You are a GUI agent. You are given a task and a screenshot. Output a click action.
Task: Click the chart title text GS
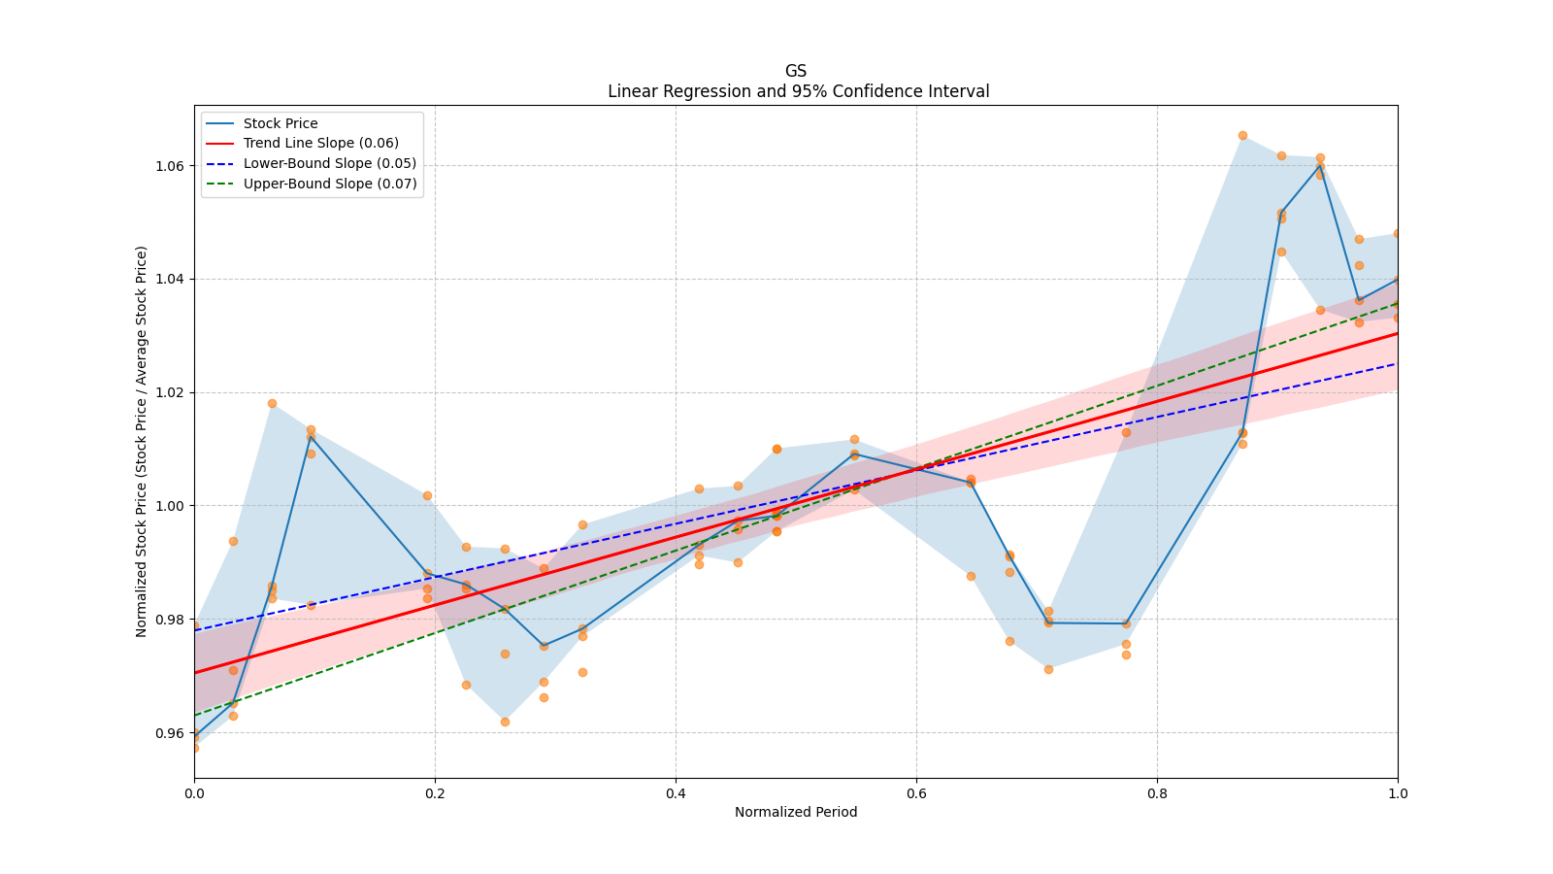(x=796, y=71)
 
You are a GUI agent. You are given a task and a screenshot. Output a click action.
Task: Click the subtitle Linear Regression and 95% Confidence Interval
(x=798, y=91)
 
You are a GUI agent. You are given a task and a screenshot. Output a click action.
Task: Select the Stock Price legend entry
(x=281, y=123)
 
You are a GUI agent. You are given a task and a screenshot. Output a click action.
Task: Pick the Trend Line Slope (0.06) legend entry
(x=320, y=143)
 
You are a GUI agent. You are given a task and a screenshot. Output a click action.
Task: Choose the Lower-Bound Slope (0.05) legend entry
(x=330, y=163)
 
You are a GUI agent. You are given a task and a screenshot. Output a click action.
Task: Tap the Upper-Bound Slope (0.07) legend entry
(x=330, y=184)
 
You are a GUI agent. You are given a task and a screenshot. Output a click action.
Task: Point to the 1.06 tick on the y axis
(x=169, y=166)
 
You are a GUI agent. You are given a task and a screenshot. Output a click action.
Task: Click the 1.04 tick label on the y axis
(x=169, y=280)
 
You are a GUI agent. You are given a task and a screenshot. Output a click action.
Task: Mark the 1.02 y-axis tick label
(x=169, y=392)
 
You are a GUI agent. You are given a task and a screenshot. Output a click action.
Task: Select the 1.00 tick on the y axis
(x=169, y=506)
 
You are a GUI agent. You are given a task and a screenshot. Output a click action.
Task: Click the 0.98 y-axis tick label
(x=169, y=620)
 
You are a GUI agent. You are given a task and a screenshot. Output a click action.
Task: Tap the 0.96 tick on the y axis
(x=169, y=733)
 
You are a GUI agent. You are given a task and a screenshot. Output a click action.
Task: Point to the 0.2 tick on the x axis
(x=435, y=793)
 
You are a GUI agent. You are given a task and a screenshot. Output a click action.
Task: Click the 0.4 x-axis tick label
(x=676, y=793)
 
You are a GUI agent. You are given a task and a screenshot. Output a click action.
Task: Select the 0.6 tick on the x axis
(x=916, y=793)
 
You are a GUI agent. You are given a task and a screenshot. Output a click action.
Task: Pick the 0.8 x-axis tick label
(x=1157, y=793)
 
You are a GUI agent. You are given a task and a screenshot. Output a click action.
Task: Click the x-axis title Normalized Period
(x=796, y=812)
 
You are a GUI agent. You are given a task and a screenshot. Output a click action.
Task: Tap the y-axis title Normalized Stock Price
(x=142, y=441)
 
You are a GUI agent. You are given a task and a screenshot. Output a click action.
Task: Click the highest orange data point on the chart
(x=1242, y=135)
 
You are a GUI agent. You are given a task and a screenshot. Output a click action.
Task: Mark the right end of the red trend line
(x=1397, y=333)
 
